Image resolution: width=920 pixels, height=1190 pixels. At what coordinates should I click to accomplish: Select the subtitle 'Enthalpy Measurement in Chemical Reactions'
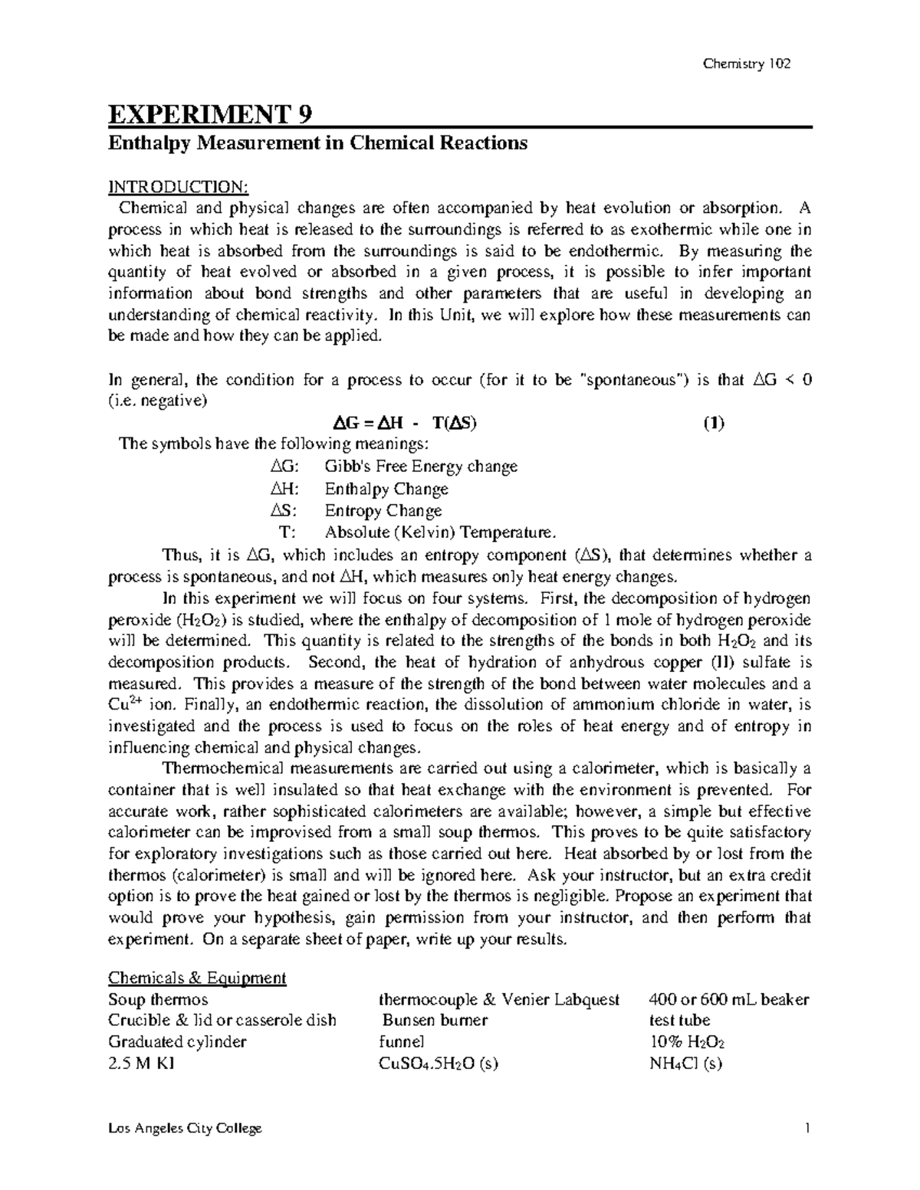[x=317, y=143]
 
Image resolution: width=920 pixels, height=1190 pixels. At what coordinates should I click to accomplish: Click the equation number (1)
[x=714, y=424]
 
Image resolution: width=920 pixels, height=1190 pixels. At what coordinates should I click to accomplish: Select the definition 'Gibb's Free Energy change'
[x=421, y=467]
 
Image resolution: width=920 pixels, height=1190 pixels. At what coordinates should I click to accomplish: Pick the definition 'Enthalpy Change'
[x=386, y=489]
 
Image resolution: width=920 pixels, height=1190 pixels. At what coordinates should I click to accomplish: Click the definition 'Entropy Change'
[x=383, y=511]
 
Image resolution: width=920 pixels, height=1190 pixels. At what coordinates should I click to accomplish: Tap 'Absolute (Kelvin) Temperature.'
[x=438, y=533]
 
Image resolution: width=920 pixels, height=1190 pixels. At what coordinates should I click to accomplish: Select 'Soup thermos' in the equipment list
[x=158, y=1000]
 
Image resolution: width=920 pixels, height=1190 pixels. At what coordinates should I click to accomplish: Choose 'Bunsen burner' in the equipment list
[x=435, y=1021]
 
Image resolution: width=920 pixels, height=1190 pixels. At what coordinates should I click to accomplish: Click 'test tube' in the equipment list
[x=679, y=1021]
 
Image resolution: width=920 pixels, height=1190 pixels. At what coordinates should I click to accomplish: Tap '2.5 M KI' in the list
[x=142, y=1064]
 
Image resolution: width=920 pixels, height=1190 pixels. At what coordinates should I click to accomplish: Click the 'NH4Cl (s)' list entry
[x=685, y=1064]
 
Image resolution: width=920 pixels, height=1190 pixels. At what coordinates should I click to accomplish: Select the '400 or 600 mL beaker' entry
[x=729, y=1000]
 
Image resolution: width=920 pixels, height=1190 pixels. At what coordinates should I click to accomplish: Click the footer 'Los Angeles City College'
[x=186, y=1129]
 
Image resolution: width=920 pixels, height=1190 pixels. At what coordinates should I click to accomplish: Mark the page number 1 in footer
[x=807, y=1129]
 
